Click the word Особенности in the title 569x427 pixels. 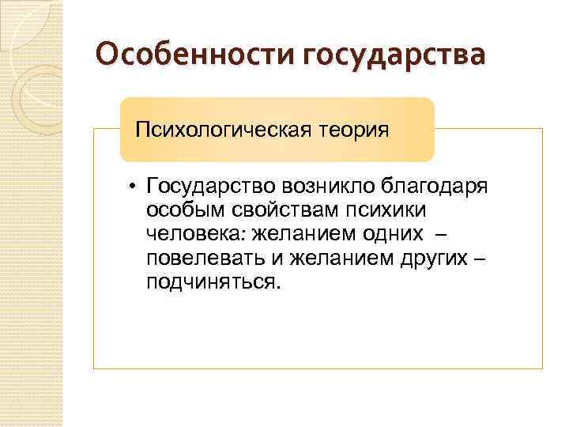(x=195, y=55)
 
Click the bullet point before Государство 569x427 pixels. (x=135, y=187)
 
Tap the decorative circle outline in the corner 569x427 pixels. (x=32, y=87)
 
